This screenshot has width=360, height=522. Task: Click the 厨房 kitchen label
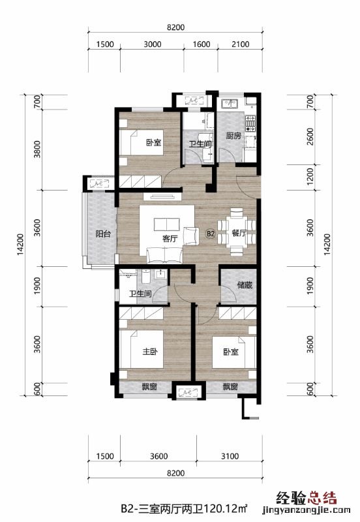(x=233, y=136)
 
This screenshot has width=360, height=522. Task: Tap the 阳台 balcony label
(x=103, y=234)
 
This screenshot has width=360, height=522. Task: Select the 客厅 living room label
(x=170, y=238)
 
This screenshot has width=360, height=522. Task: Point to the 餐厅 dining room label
(x=239, y=233)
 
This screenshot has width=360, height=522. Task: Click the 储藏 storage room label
(x=245, y=285)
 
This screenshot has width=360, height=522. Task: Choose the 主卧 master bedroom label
(x=150, y=351)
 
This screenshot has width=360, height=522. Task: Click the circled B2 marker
(x=211, y=234)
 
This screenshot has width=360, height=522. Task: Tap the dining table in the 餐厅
(x=236, y=232)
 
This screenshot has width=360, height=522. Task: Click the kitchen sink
(x=228, y=104)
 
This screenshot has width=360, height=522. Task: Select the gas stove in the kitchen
(x=251, y=123)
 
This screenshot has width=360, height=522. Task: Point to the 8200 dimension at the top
(x=175, y=27)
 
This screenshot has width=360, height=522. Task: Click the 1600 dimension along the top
(x=202, y=44)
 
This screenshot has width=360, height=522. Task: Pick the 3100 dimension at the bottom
(x=230, y=455)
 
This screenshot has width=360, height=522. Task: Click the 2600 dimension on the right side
(x=310, y=136)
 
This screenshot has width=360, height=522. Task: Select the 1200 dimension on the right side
(x=310, y=177)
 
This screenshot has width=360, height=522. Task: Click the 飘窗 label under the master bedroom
(x=149, y=387)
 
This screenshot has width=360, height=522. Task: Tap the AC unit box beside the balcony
(x=100, y=183)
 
